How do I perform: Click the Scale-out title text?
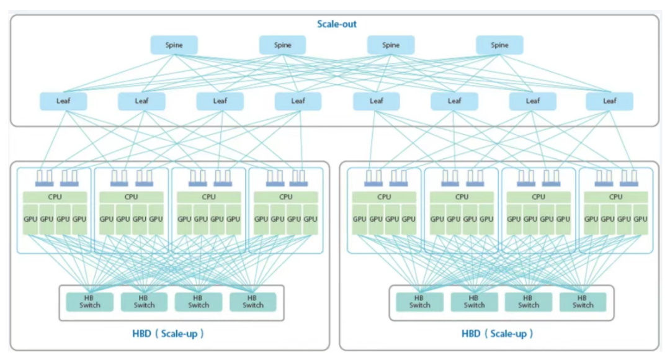click(x=337, y=24)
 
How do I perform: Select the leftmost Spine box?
click(x=174, y=45)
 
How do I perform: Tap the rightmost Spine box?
click(x=499, y=45)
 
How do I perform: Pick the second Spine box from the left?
click(x=282, y=45)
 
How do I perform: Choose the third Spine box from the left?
click(x=391, y=45)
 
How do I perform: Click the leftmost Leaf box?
click(x=63, y=101)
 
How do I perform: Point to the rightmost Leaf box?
click(x=609, y=101)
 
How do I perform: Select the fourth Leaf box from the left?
click(x=298, y=101)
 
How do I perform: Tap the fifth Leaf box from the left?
click(x=377, y=101)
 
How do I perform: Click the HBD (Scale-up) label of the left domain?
click(x=168, y=333)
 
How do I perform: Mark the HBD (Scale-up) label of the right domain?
click(x=498, y=333)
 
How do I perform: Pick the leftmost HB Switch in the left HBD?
click(x=90, y=302)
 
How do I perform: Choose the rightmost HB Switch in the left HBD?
click(x=253, y=302)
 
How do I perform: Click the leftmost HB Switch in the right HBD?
click(x=419, y=302)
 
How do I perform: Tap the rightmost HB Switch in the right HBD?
click(x=583, y=302)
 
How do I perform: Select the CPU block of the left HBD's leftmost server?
click(x=55, y=197)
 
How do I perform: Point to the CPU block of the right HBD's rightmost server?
click(x=616, y=197)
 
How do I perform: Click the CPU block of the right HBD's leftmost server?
click(x=384, y=197)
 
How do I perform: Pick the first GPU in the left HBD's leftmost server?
click(x=30, y=219)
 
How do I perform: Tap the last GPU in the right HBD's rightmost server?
click(x=640, y=219)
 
